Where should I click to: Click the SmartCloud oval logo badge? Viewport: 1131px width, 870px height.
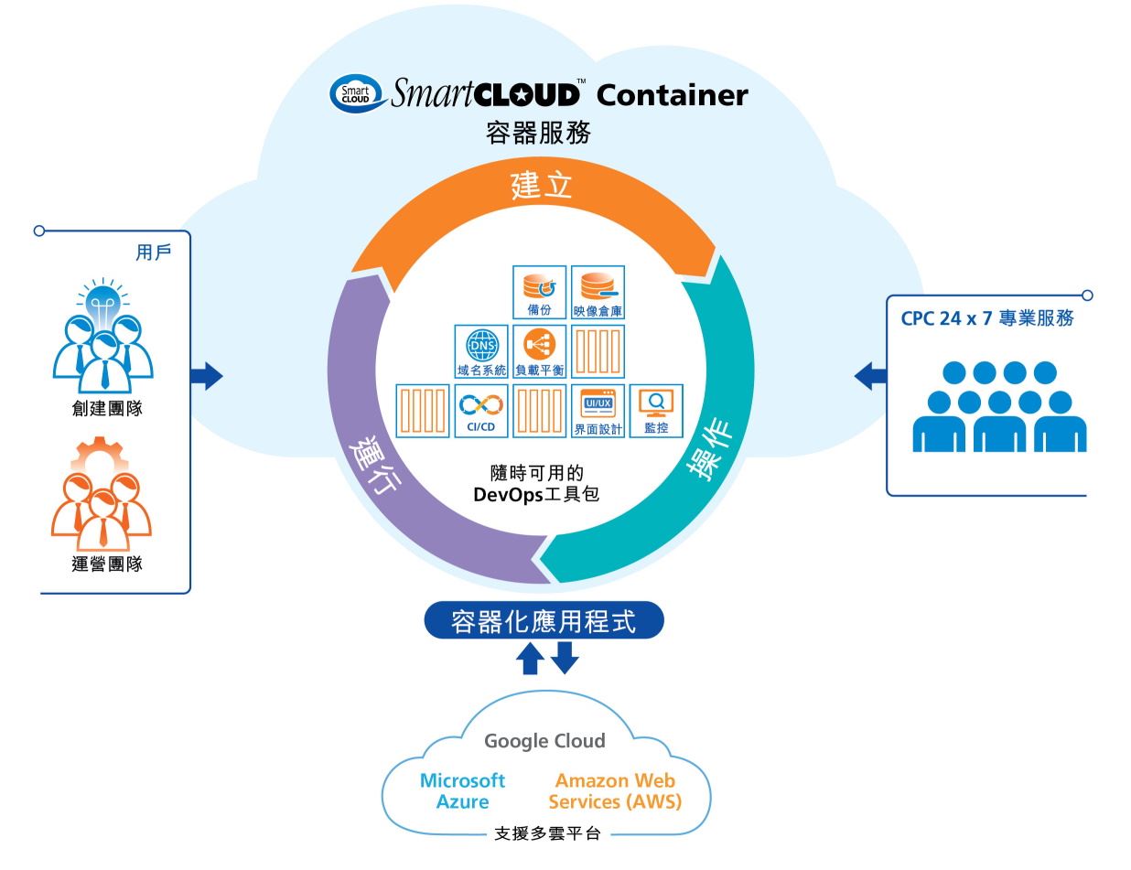(355, 94)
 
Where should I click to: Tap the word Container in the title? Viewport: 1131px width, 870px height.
(673, 94)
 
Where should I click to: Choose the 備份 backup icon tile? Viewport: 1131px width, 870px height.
(539, 292)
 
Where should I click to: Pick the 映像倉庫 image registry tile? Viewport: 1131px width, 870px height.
(598, 292)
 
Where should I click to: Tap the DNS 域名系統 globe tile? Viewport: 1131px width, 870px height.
(480, 351)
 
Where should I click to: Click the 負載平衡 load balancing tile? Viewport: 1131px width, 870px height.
(539, 351)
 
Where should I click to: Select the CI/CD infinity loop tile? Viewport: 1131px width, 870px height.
(480, 410)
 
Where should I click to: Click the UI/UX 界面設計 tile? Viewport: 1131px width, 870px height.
(598, 410)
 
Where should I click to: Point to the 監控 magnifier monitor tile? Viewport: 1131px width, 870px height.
(655, 410)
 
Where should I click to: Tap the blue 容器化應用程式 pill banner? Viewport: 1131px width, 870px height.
(544, 620)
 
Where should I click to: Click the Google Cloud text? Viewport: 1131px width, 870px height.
(544, 741)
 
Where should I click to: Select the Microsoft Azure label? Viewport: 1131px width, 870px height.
(462, 791)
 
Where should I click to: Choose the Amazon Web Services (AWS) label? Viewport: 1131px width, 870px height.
(615, 791)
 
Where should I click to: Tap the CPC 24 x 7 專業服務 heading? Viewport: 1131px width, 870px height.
(987, 319)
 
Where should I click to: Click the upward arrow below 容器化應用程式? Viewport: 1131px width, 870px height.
(530, 659)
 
